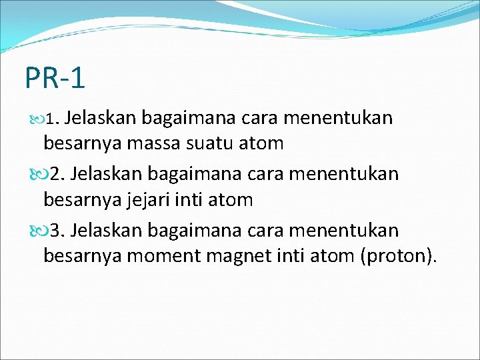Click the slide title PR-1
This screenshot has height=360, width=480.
click(55, 78)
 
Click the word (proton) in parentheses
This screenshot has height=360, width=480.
click(398, 255)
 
